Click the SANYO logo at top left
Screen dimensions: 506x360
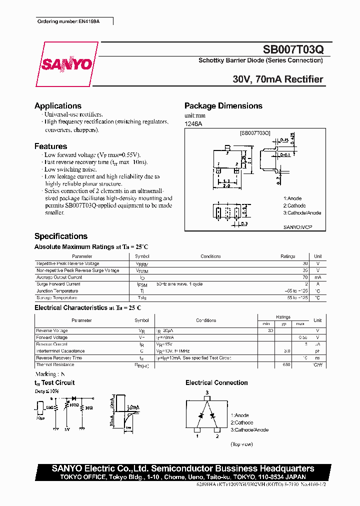(x=66, y=64)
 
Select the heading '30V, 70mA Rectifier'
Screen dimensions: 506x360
(x=278, y=79)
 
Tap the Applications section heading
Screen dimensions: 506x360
(x=58, y=106)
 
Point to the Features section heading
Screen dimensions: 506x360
(x=50, y=146)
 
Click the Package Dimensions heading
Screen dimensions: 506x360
(x=223, y=106)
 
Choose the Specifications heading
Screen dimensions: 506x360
(x=61, y=236)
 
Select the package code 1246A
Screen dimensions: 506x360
(x=193, y=123)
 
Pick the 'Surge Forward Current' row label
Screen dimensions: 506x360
(x=58, y=284)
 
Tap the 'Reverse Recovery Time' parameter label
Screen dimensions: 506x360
(x=59, y=358)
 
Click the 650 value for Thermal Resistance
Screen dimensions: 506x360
(x=286, y=365)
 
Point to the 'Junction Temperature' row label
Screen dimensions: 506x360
(x=57, y=291)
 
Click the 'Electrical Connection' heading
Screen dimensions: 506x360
(x=216, y=383)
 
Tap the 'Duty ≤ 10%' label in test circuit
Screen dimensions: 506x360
(x=47, y=391)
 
